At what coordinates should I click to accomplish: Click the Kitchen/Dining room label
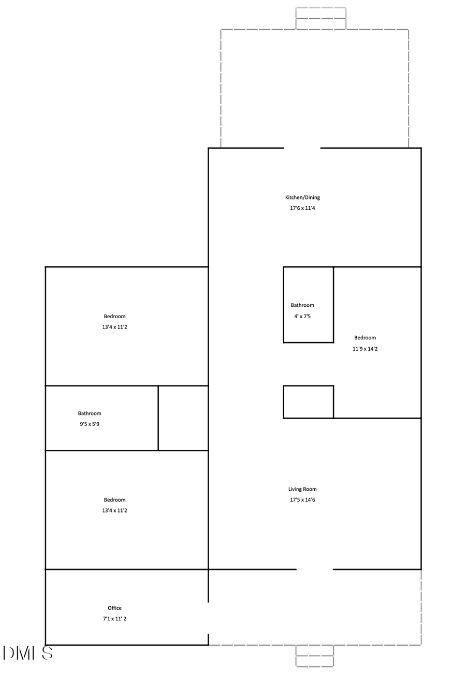point(302,197)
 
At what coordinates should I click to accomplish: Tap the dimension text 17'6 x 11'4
point(302,208)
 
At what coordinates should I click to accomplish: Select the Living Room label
point(302,489)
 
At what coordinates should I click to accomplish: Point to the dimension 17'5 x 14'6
point(302,500)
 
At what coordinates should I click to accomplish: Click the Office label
point(114,608)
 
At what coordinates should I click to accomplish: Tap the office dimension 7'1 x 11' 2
point(114,619)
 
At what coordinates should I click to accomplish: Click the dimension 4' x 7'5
point(302,316)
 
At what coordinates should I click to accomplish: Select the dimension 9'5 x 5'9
point(90,424)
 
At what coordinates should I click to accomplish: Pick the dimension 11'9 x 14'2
point(365,349)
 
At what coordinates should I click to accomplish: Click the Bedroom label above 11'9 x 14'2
point(365,338)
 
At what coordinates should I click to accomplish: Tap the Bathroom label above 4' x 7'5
point(302,305)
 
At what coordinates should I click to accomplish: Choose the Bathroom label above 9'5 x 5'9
point(90,414)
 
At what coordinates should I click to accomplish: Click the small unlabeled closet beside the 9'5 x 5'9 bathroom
point(183,418)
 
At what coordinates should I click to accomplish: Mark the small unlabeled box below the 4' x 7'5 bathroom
point(308,402)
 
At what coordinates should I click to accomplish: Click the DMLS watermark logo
point(28,653)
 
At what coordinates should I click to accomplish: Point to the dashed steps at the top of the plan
point(321,18)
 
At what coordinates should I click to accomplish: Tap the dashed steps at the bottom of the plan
point(315,655)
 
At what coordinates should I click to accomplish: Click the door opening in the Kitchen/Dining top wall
point(302,148)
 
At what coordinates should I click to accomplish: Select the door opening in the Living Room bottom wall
point(315,569)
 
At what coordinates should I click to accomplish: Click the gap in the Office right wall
point(209,618)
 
